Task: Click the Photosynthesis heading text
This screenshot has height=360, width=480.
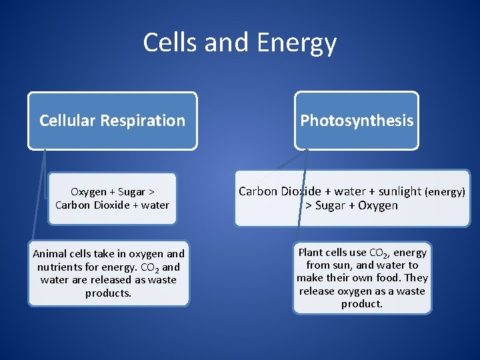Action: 357,121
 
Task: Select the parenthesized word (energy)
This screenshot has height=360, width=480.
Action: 445,192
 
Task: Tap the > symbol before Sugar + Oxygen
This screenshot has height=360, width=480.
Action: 309,205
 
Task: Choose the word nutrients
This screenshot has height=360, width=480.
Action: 60,267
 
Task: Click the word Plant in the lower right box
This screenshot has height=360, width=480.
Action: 311,252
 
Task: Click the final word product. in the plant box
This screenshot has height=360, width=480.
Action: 362,303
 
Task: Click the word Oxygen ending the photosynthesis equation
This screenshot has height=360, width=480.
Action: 375,205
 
